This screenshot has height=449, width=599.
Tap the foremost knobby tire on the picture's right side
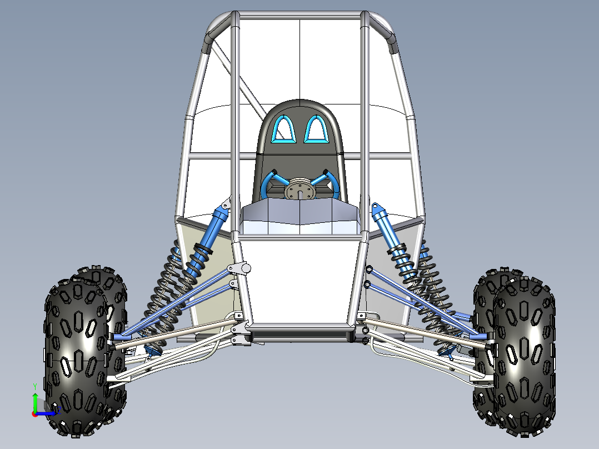click(x=524, y=356)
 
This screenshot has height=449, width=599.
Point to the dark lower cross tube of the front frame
click(x=300, y=333)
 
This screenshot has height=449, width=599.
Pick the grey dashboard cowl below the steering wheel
click(x=300, y=214)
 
